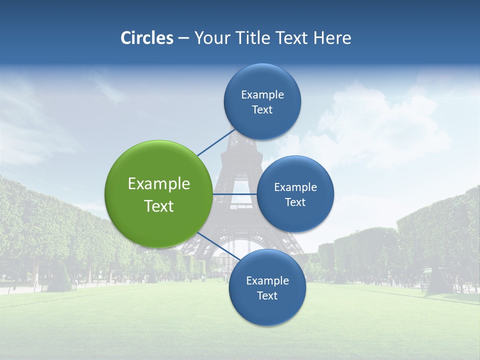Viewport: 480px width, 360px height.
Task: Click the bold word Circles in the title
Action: click(147, 38)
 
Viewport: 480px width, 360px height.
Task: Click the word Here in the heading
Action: click(332, 38)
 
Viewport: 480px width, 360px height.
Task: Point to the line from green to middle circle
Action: click(234, 193)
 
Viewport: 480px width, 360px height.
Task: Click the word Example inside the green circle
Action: click(159, 184)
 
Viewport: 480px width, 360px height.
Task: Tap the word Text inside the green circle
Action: click(159, 206)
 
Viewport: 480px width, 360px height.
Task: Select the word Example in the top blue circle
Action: click(262, 95)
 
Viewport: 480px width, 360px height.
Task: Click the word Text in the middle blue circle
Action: click(295, 202)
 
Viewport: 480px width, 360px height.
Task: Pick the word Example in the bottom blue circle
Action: click(267, 281)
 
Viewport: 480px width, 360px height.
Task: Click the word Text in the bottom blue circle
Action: click(267, 296)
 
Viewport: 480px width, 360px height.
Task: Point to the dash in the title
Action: click(183, 38)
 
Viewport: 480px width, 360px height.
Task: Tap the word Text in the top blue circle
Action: click(262, 110)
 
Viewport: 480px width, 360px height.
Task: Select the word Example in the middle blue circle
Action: click(295, 187)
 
